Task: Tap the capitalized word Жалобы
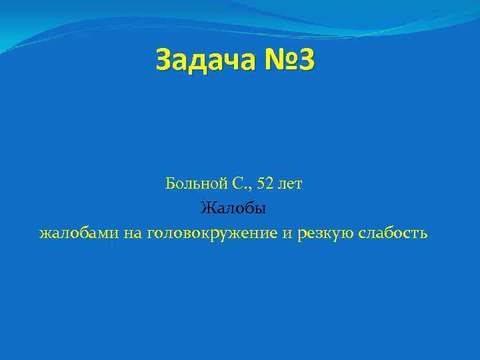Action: [233, 209]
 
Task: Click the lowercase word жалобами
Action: [77, 234]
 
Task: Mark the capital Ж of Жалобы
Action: [207, 209]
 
